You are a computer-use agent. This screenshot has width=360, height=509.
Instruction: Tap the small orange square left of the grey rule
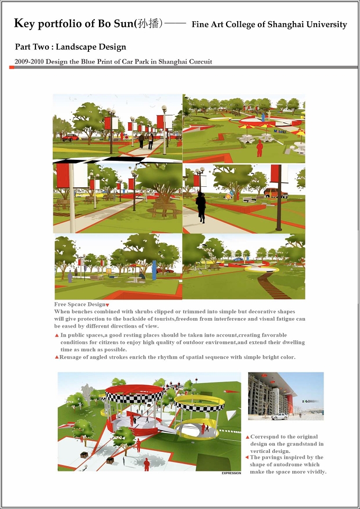click(x=12, y=68)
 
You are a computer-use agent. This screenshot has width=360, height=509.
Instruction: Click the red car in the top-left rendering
click(x=70, y=138)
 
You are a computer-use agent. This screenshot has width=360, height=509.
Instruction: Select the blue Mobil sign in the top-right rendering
click(x=280, y=131)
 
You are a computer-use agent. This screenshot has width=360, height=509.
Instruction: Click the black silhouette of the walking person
click(x=201, y=207)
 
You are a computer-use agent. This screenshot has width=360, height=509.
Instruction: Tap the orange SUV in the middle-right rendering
click(x=275, y=193)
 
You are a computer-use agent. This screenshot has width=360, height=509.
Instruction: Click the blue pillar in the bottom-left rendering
click(x=154, y=270)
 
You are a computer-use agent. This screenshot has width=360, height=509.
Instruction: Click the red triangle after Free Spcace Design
click(x=107, y=305)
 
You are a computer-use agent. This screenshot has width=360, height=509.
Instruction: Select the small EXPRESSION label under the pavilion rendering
click(x=231, y=473)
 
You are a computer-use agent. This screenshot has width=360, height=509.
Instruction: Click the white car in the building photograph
click(x=280, y=416)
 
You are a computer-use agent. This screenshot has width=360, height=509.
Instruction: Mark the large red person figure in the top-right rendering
click(x=259, y=148)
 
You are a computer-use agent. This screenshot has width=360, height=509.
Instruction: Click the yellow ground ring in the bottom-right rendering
click(x=262, y=269)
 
